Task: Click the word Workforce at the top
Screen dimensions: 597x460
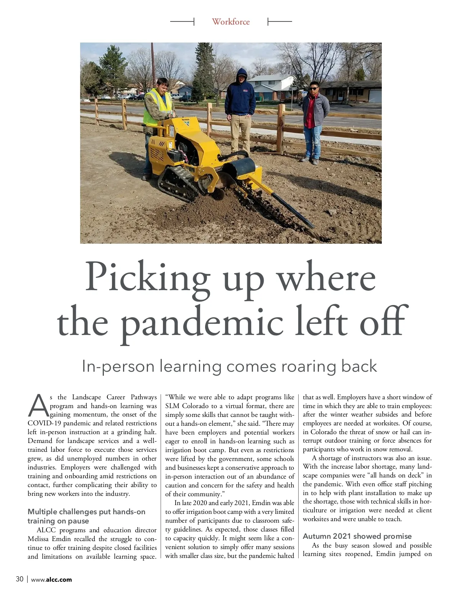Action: [231, 22]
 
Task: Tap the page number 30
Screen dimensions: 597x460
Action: [20, 579]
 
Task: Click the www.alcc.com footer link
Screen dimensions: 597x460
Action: [54, 579]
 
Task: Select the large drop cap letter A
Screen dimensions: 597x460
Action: [38, 406]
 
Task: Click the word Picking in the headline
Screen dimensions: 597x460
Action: [147, 277]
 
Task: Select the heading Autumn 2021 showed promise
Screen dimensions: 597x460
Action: [357, 536]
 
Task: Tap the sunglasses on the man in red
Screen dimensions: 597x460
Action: [314, 89]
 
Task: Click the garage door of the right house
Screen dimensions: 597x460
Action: [375, 96]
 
